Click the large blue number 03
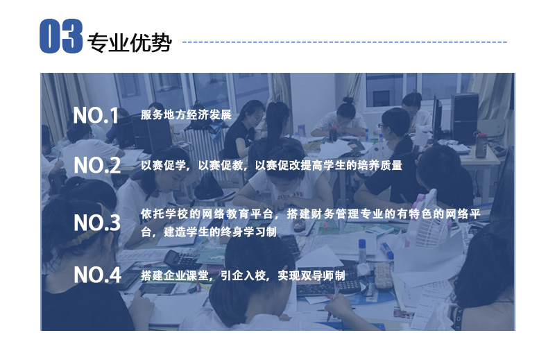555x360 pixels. tap(61, 36)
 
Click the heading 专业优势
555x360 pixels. tap(130, 43)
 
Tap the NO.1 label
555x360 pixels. tap(96, 115)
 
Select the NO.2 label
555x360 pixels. tap(97, 165)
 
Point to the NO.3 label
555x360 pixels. tap(97, 223)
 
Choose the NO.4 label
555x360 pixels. tap(98, 275)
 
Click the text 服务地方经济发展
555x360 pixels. tap(186, 114)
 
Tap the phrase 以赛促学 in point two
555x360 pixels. tap(164, 165)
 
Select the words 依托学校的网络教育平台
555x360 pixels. tap(207, 214)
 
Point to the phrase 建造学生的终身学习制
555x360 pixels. tap(220, 232)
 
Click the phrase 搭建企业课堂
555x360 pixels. tap(175, 275)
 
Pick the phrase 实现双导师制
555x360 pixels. tap(311, 275)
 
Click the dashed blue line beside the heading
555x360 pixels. tap(345, 42)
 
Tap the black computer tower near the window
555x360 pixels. tap(465, 119)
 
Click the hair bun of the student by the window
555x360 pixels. tap(348, 101)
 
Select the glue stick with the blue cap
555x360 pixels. tap(387, 250)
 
